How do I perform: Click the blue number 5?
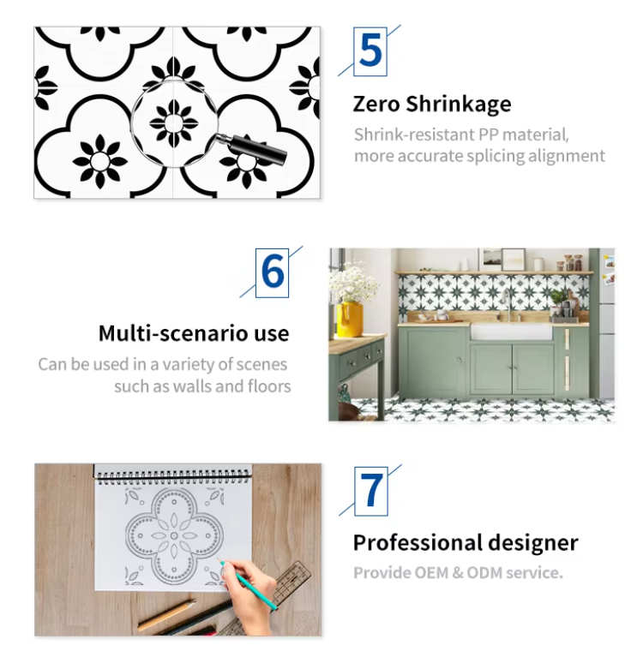[370, 51]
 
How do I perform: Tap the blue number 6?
[273, 272]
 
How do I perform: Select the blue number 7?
[371, 490]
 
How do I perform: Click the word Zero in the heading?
[376, 104]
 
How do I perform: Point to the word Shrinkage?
[459, 105]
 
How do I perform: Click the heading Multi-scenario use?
[194, 333]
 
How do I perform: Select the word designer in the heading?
[532, 542]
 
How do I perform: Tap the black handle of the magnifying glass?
[257, 149]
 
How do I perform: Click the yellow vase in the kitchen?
[349, 319]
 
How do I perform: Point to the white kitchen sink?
[512, 331]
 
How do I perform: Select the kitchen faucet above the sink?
[508, 305]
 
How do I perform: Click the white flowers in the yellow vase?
[352, 284]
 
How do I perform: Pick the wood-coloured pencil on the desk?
[167, 615]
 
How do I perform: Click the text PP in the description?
[489, 134]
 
